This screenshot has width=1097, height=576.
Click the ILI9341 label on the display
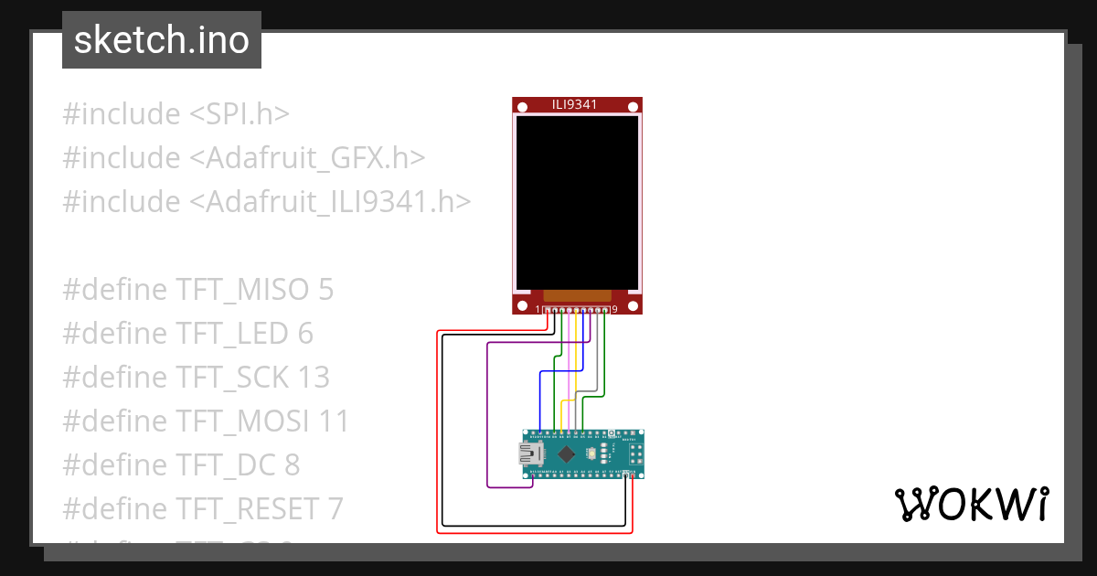[x=576, y=104]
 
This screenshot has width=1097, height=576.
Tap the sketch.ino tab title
[x=162, y=40]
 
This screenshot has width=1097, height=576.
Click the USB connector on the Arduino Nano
[x=529, y=453]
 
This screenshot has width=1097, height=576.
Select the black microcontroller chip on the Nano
[x=567, y=453]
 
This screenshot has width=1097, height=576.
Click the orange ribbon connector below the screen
[x=576, y=295]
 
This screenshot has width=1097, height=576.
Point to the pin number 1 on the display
[x=538, y=310]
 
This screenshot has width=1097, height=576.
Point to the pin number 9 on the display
[x=614, y=310]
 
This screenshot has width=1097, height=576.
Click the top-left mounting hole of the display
[x=522, y=108]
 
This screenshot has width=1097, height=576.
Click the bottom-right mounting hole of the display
[x=633, y=305]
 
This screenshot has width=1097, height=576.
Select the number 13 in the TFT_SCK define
[x=314, y=378]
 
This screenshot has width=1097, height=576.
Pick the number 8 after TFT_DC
[x=292, y=465]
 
